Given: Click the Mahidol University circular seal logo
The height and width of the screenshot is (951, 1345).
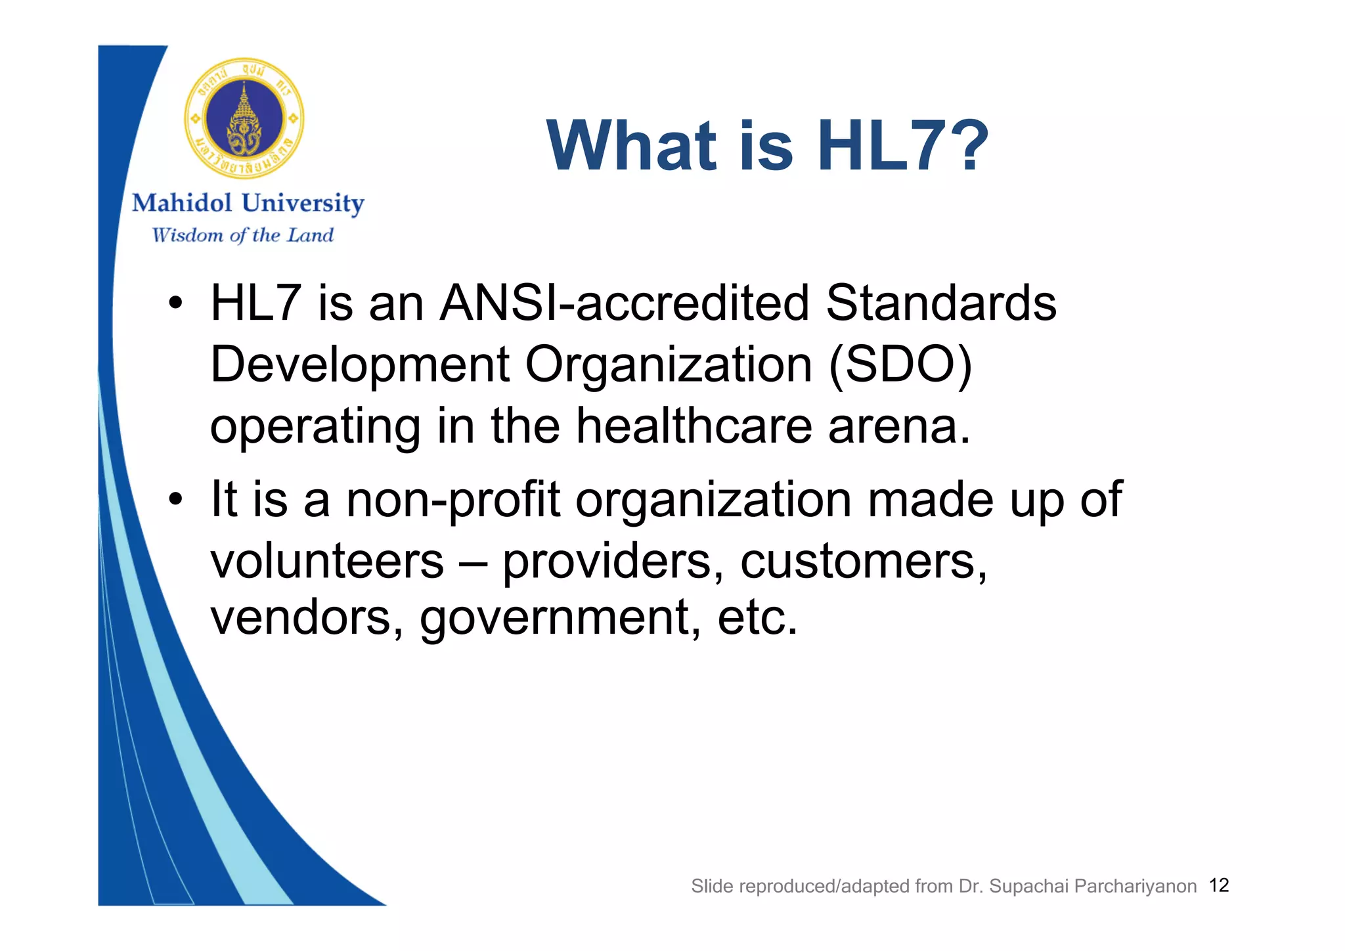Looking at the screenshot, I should (244, 119).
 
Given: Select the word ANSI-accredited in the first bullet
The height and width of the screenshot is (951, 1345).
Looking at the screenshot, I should (624, 303).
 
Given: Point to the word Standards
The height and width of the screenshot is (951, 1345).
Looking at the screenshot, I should (940, 303).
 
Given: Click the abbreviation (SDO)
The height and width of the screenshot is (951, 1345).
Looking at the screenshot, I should (900, 365).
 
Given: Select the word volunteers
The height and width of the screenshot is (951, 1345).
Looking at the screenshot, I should (327, 562).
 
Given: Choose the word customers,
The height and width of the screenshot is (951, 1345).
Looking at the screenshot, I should (864, 562).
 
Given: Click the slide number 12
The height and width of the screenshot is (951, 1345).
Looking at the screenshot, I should (1218, 885).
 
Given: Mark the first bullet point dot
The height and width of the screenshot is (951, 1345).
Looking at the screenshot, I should (175, 304).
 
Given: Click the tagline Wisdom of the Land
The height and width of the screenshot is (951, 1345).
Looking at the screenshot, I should (243, 235).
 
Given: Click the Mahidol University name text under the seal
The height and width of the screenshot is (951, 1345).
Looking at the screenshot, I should (248, 203).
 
